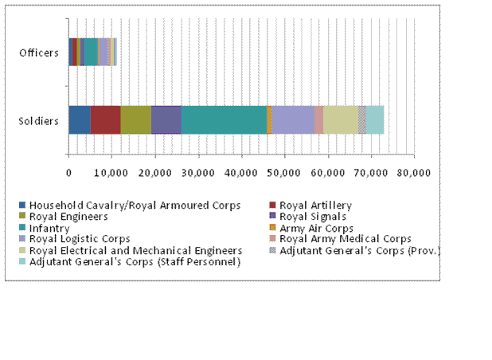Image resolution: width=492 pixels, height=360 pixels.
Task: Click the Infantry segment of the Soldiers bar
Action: [x=224, y=119]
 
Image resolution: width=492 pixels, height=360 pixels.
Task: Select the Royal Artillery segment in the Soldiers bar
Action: [x=105, y=119]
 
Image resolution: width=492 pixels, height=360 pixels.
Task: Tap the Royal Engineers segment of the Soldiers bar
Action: [x=135, y=119]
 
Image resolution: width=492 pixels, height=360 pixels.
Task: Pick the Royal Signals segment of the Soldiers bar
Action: [x=166, y=119]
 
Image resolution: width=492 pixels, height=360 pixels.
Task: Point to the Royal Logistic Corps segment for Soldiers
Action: [x=293, y=119]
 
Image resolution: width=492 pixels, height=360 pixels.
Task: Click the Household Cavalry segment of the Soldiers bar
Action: [x=80, y=119]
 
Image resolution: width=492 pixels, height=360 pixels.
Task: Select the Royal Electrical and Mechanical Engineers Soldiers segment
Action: [x=340, y=119]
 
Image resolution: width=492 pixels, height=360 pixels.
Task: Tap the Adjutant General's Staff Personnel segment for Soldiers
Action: [x=375, y=119]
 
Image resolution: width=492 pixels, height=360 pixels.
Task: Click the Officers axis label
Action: [x=39, y=53]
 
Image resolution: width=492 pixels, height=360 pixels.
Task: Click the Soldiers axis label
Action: [x=39, y=121]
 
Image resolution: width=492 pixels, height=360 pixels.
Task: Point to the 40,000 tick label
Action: [x=241, y=170]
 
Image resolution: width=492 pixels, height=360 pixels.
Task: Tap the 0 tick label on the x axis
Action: [x=68, y=170]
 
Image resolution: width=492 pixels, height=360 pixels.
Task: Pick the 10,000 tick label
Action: [x=111, y=170]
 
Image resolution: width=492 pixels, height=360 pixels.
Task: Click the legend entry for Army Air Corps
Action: [x=318, y=229]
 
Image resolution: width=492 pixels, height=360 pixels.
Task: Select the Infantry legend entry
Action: [x=50, y=229]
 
